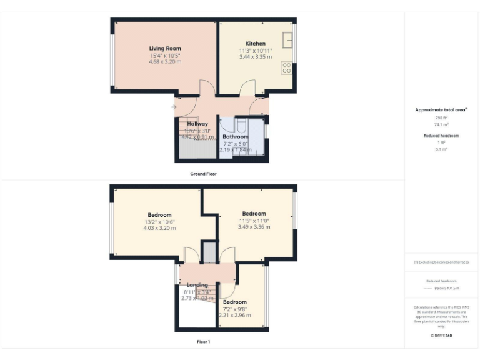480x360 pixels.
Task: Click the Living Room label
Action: pos(165,48)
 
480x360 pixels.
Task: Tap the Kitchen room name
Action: pos(255,44)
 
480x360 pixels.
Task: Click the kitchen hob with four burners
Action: pos(287,67)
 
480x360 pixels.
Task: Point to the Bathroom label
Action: pos(236,136)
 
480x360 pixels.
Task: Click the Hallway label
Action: pos(197,124)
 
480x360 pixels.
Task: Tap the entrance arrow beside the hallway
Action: pos(174,107)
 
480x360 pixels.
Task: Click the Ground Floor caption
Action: pos(203,173)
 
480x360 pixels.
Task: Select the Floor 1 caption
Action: pos(203,342)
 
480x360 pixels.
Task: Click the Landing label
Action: pos(197,285)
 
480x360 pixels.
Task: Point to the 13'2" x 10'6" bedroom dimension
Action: pos(159,222)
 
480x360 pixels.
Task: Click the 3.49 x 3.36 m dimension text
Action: pos(254,227)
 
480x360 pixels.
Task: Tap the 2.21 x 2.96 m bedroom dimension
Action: pos(235,315)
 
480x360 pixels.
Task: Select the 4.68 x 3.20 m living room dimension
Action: pos(165,61)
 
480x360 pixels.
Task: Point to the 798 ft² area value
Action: pos(441,117)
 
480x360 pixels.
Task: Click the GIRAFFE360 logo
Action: pos(441,336)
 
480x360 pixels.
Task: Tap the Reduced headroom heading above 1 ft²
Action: pos(441,135)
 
